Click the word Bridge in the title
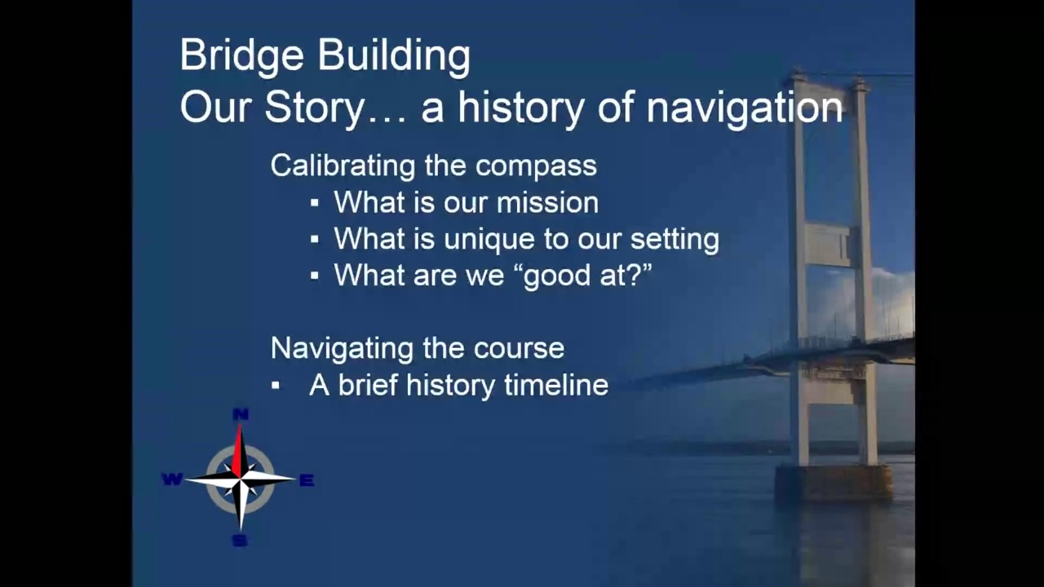242,56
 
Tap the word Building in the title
394,56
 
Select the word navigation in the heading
745,108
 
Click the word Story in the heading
313,109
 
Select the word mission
547,203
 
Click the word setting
675,240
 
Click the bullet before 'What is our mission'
315,203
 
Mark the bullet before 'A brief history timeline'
276,386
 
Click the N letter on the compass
241,415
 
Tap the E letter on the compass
307,480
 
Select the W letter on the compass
172,479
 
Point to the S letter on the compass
240,541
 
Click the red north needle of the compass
237,452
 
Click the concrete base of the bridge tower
834,483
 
